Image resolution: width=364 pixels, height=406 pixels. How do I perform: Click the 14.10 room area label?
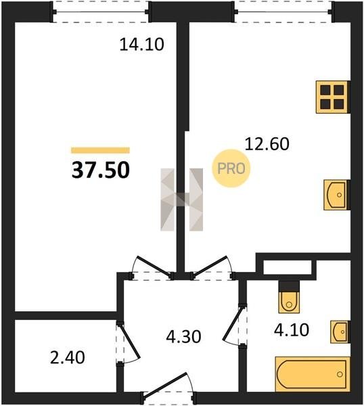click(x=141, y=44)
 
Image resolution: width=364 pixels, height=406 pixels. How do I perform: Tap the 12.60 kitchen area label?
click(x=267, y=144)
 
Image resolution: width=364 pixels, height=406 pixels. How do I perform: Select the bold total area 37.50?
click(x=100, y=170)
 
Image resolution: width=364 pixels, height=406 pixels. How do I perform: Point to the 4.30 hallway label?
click(x=183, y=337)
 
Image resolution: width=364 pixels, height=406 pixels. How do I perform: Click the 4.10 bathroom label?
click(x=292, y=330)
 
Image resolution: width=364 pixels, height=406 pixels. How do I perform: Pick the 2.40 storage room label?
click(x=67, y=357)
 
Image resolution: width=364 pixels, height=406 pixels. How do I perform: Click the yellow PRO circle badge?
click(x=231, y=168)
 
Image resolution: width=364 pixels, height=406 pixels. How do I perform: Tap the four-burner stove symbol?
click(x=333, y=97)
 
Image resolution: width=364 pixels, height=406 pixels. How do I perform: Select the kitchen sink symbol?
click(x=336, y=195)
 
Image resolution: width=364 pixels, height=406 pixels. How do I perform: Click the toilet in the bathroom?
click(x=289, y=297)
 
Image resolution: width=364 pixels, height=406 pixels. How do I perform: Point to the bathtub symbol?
click(x=313, y=374)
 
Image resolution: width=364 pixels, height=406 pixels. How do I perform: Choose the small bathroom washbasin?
click(x=340, y=332)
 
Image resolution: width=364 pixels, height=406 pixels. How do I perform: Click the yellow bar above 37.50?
click(x=100, y=150)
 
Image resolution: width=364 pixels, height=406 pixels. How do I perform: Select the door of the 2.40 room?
click(x=128, y=343)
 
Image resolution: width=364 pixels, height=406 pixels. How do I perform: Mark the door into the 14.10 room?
click(x=152, y=268)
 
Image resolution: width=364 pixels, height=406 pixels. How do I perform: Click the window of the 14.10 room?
click(x=100, y=12)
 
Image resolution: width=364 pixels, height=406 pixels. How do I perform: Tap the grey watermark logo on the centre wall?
click(x=182, y=200)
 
